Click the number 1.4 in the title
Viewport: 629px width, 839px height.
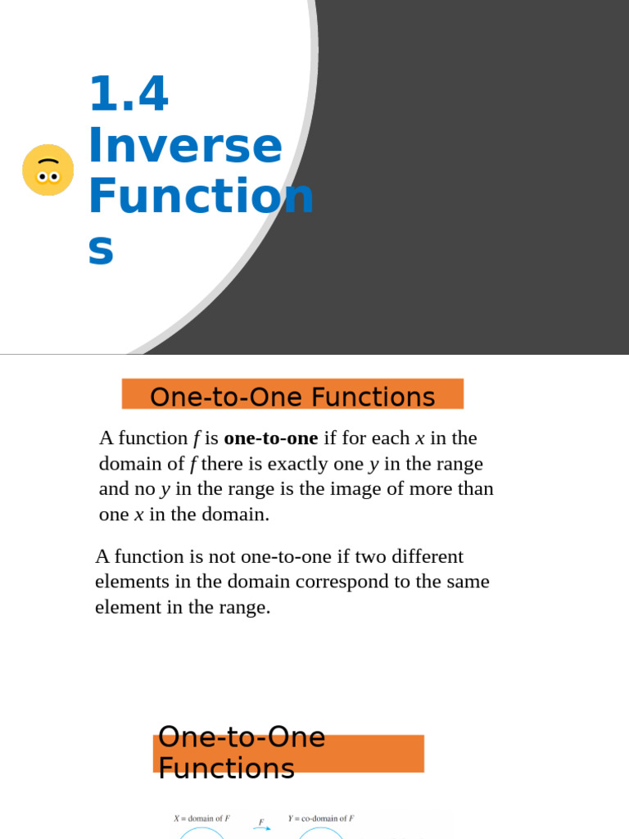(129, 95)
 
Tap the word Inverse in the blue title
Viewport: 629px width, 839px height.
(185, 146)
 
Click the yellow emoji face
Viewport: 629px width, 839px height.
(48, 170)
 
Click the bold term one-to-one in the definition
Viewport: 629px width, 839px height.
(270, 438)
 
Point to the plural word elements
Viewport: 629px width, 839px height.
(129, 583)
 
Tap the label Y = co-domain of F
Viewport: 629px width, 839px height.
(321, 819)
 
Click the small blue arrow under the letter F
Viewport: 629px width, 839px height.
(262, 828)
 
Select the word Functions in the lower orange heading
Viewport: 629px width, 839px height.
(226, 769)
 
